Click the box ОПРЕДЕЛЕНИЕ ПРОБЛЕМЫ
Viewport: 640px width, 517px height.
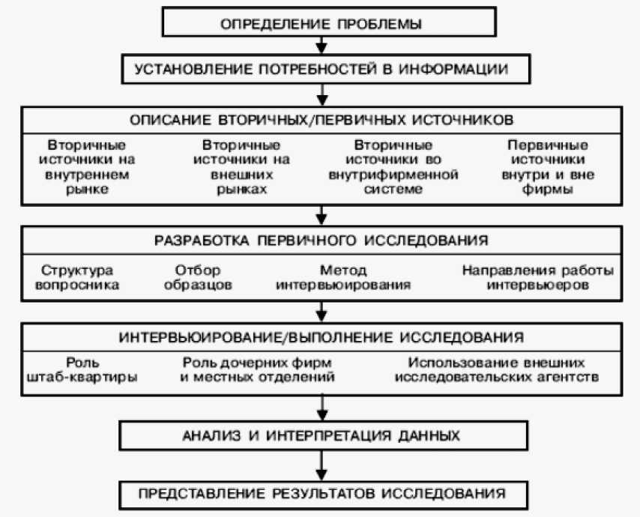point(321,23)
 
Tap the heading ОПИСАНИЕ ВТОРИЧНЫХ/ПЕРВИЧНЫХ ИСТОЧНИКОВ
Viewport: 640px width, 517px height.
point(321,120)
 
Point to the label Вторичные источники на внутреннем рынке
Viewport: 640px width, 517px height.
point(87,167)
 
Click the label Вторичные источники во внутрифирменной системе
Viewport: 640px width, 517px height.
point(393,167)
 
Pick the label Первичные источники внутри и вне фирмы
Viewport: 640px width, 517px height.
point(547,167)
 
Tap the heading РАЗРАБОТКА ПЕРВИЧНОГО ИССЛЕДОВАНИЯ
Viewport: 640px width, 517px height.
point(321,241)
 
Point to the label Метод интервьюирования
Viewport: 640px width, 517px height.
point(342,276)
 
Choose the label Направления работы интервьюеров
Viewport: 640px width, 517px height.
point(537,276)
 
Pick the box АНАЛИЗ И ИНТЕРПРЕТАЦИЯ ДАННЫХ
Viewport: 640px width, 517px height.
point(321,435)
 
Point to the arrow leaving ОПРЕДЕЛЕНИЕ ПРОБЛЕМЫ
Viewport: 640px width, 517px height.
point(321,46)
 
